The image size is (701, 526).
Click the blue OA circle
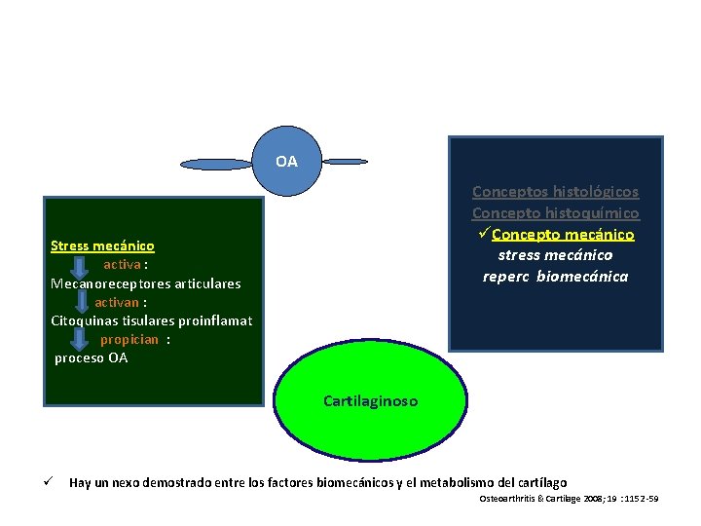pyautogui.click(x=286, y=161)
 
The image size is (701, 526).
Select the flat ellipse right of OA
pyautogui.click(x=346, y=161)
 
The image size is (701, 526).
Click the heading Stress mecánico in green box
pyautogui.click(x=102, y=246)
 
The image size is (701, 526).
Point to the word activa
pyautogui.click(x=122, y=264)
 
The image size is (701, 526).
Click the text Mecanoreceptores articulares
pyautogui.click(x=146, y=283)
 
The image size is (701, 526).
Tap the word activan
pyautogui.click(x=117, y=302)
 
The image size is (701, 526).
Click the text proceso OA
pyautogui.click(x=91, y=357)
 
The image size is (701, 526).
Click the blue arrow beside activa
pyautogui.click(x=83, y=266)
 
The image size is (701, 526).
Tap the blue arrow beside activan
pyautogui.click(x=83, y=303)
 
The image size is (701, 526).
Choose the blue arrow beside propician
pyautogui.click(x=83, y=340)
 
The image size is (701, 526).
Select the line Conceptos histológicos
pyautogui.click(x=555, y=192)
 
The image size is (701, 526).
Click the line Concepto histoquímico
pyautogui.click(x=555, y=212)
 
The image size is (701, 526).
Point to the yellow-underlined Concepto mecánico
pyautogui.click(x=563, y=234)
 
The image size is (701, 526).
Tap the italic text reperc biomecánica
pyautogui.click(x=555, y=276)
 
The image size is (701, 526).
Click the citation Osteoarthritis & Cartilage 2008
pyautogui.click(x=570, y=499)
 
